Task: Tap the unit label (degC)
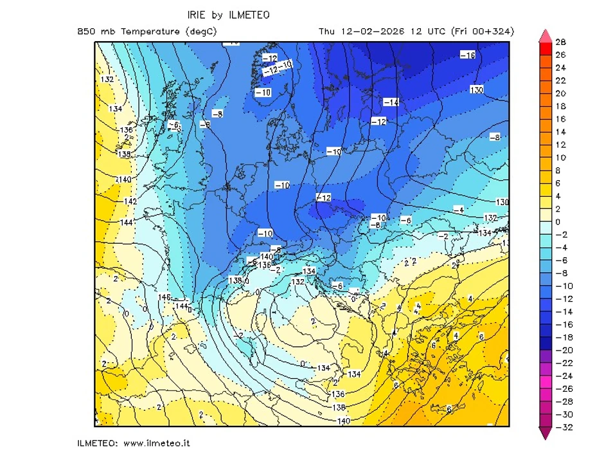pyautogui.click(x=200, y=32)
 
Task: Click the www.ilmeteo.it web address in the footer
pyautogui.click(x=156, y=443)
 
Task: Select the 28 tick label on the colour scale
pyautogui.click(x=560, y=42)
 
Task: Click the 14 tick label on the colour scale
pyautogui.click(x=560, y=132)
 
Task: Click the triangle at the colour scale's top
pyautogui.click(x=545, y=35)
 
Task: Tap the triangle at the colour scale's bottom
pyautogui.click(x=545, y=434)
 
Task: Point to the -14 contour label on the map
pyautogui.click(x=391, y=102)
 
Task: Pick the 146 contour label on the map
pyautogui.click(x=164, y=297)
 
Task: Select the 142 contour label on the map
pyautogui.click(x=130, y=201)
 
